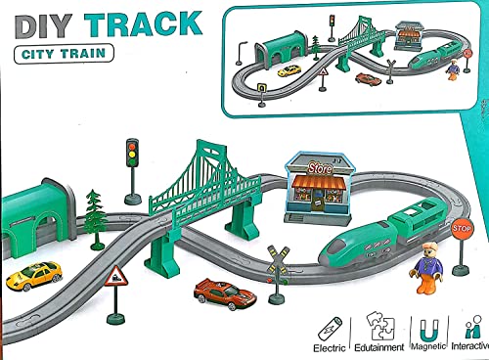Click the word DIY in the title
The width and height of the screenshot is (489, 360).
tap(43, 26)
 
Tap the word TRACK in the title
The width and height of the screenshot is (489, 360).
tap(144, 23)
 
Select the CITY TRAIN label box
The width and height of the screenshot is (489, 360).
tap(64, 54)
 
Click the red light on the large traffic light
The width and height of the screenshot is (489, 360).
tap(132, 146)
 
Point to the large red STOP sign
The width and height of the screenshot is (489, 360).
tap(462, 229)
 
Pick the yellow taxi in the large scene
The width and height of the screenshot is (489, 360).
tap(34, 276)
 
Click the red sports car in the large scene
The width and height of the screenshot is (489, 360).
tap(224, 293)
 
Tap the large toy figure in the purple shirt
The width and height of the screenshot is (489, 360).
tap(427, 266)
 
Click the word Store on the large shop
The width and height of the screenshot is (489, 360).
tap(320, 168)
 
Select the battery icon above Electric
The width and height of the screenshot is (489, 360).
tap(330, 330)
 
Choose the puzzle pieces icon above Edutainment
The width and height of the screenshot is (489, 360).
tap(379, 326)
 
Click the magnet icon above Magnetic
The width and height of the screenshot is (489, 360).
tap(428, 331)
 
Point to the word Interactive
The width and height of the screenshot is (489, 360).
tap(470, 346)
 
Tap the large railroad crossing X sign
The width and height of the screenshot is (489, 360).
tap(278, 260)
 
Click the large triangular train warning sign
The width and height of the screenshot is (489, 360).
tap(115, 276)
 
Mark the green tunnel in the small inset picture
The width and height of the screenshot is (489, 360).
tap(281, 48)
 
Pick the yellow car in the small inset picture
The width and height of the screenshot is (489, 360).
tap(289, 70)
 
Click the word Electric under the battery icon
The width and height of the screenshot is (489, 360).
tap(330, 348)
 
